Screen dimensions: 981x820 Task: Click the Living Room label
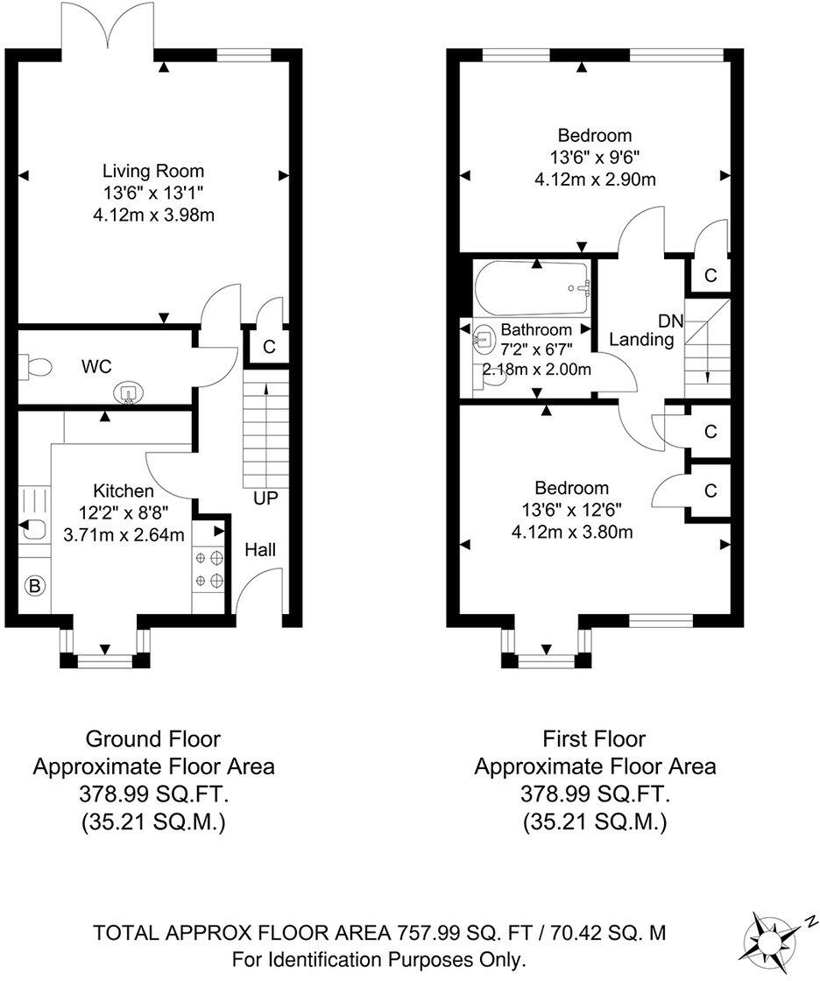tap(153, 171)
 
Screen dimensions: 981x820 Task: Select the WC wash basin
tap(128, 393)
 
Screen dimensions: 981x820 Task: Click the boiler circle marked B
tap(36, 586)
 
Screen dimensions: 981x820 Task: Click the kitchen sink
tap(33, 530)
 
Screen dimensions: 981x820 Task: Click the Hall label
tap(260, 550)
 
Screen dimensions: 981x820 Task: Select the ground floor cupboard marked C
tap(269, 346)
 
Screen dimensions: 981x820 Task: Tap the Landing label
tap(641, 340)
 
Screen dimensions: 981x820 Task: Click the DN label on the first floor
tap(672, 321)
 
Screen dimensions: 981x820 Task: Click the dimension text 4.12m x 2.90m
tap(595, 180)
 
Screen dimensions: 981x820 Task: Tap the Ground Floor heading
tap(153, 739)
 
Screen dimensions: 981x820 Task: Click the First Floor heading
tap(595, 739)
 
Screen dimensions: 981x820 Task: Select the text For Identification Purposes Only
tap(379, 959)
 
